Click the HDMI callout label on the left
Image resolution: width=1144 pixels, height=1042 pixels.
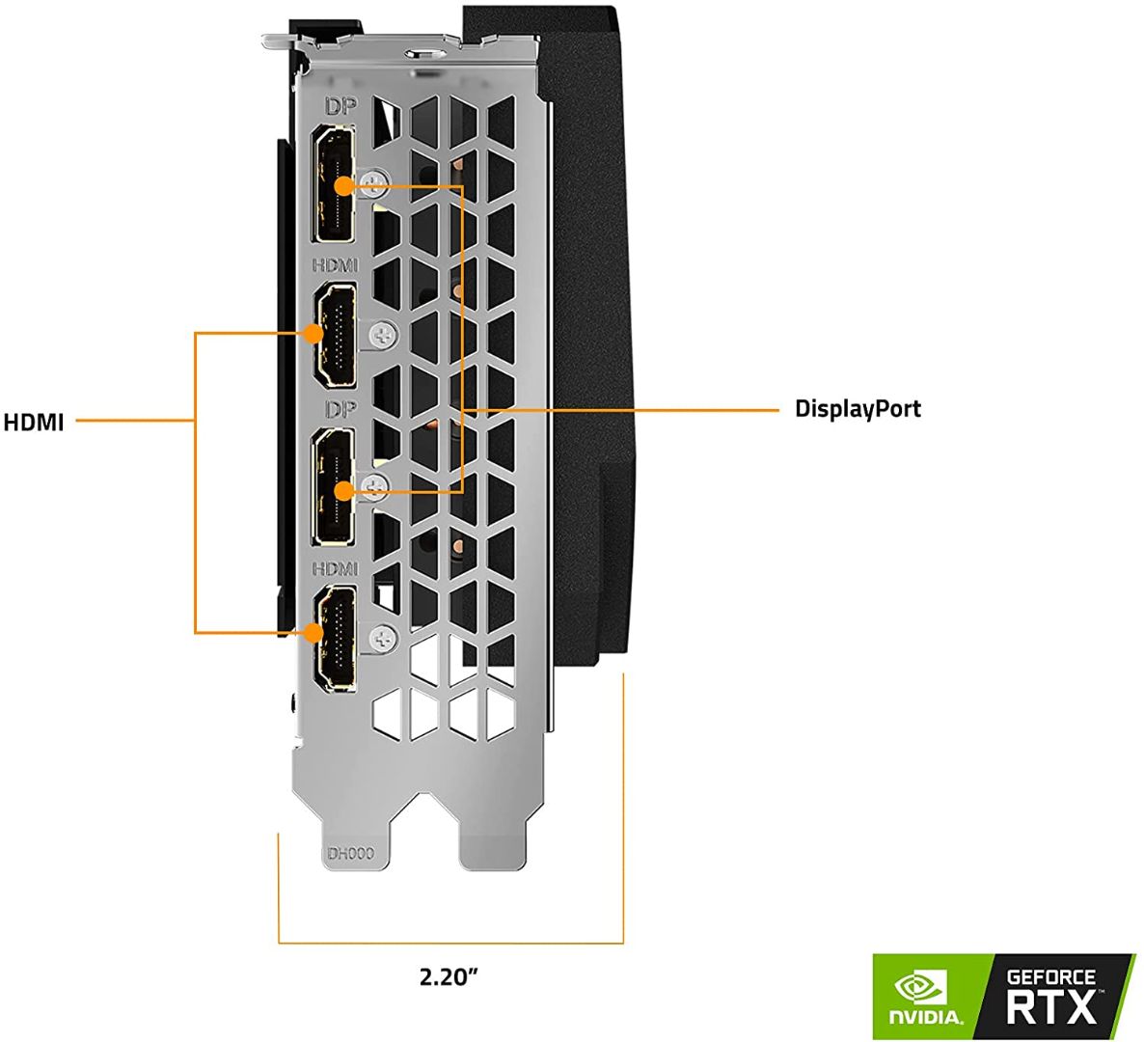(33, 422)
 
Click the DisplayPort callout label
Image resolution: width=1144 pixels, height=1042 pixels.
(857, 408)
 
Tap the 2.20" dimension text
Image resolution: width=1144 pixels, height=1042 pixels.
(449, 976)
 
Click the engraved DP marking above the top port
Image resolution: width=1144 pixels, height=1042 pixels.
(340, 107)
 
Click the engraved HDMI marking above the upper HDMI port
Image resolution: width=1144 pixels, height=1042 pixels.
(334, 264)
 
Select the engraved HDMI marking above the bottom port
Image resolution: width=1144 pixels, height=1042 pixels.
(334, 568)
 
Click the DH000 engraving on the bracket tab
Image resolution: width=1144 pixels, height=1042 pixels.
(349, 854)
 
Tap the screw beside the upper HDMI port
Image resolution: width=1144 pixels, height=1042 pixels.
(383, 335)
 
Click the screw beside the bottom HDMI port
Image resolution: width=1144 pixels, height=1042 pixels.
(383, 637)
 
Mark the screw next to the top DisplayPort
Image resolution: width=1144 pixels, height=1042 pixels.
(377, 179)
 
